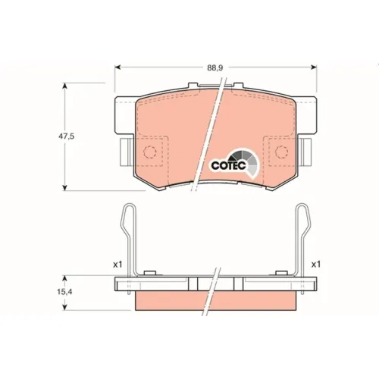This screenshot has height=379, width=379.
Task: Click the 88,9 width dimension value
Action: pyautogui.click(x=215, y=67)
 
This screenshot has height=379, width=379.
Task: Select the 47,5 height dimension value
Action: pyautogui.click(x=67, y=136)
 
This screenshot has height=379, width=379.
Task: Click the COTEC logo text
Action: pyautogui.click(x=229, y=166)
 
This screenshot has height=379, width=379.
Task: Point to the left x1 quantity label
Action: pyautogui.click(x=117, y=265)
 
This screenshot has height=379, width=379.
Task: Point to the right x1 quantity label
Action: pyautogui.click(x=316, y=265)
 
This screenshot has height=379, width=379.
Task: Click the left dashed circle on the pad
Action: pyautogui.click(x=150, y=152)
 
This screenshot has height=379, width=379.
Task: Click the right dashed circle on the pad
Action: pyautogui.click(x=281, y=152)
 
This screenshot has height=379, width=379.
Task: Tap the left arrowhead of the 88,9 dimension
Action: pyautogui.click(x=117, y=67)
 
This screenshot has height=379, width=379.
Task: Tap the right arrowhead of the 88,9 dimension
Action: pyautogui.click(x=314, y=67)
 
